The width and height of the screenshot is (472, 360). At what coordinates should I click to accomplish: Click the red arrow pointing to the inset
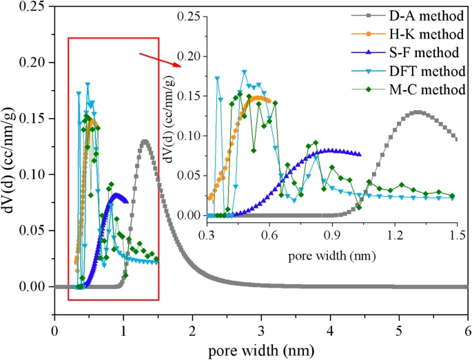160,60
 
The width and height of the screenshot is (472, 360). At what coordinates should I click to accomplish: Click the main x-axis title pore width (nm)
260,350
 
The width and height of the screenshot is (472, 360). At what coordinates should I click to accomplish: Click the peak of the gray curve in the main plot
144,141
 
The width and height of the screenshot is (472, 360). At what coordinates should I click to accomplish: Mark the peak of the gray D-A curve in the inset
417,112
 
